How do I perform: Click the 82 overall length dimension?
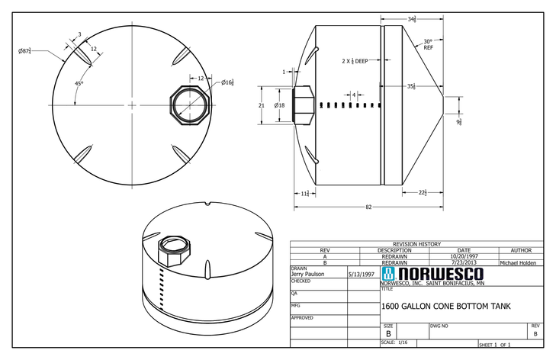click(x=368, y=207)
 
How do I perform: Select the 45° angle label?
click(x=79, y=83)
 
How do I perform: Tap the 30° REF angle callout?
click(x=428, y=44)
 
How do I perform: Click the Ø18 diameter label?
click(x=279, y=105)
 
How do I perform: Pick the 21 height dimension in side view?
click(x=261, y=105)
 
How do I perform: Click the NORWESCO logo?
click(x=432, y=274)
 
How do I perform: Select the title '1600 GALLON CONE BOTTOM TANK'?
click(x=445, y=307)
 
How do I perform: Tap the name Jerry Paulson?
click(x=308, y=274)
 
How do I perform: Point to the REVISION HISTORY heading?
click(x=416, y=244)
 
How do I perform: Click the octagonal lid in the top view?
click(x=186, y=104)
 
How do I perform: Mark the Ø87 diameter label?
click(x=25, y=51)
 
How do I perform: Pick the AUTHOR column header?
click(x=521, y=250)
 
